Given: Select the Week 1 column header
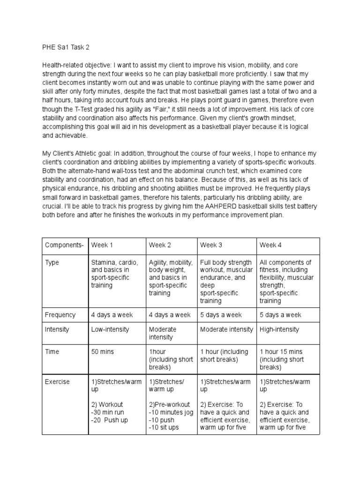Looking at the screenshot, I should click(x=102, y=245).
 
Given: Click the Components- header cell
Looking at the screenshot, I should click(x=64, y=245).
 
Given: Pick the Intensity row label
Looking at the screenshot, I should click(x=57, y=330).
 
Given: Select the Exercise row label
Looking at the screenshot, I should click(x=57, y=382).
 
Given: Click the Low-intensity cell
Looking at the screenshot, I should click(x=110, y=330).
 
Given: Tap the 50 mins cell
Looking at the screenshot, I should click(x=103, y=352).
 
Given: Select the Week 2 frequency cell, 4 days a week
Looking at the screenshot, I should click(x=170, y=315).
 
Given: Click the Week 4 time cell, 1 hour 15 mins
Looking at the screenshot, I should click(x=281, y=352).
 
